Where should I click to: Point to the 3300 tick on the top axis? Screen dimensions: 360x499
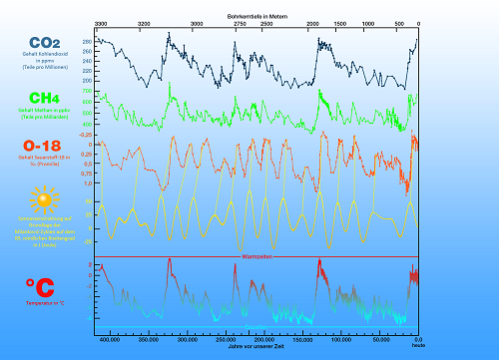coord(101,22)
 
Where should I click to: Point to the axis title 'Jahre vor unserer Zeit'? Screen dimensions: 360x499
coord(254,350)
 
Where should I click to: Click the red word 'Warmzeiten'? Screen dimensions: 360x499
coord(256,256)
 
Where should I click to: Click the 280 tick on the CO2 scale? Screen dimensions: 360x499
coord(88,41)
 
